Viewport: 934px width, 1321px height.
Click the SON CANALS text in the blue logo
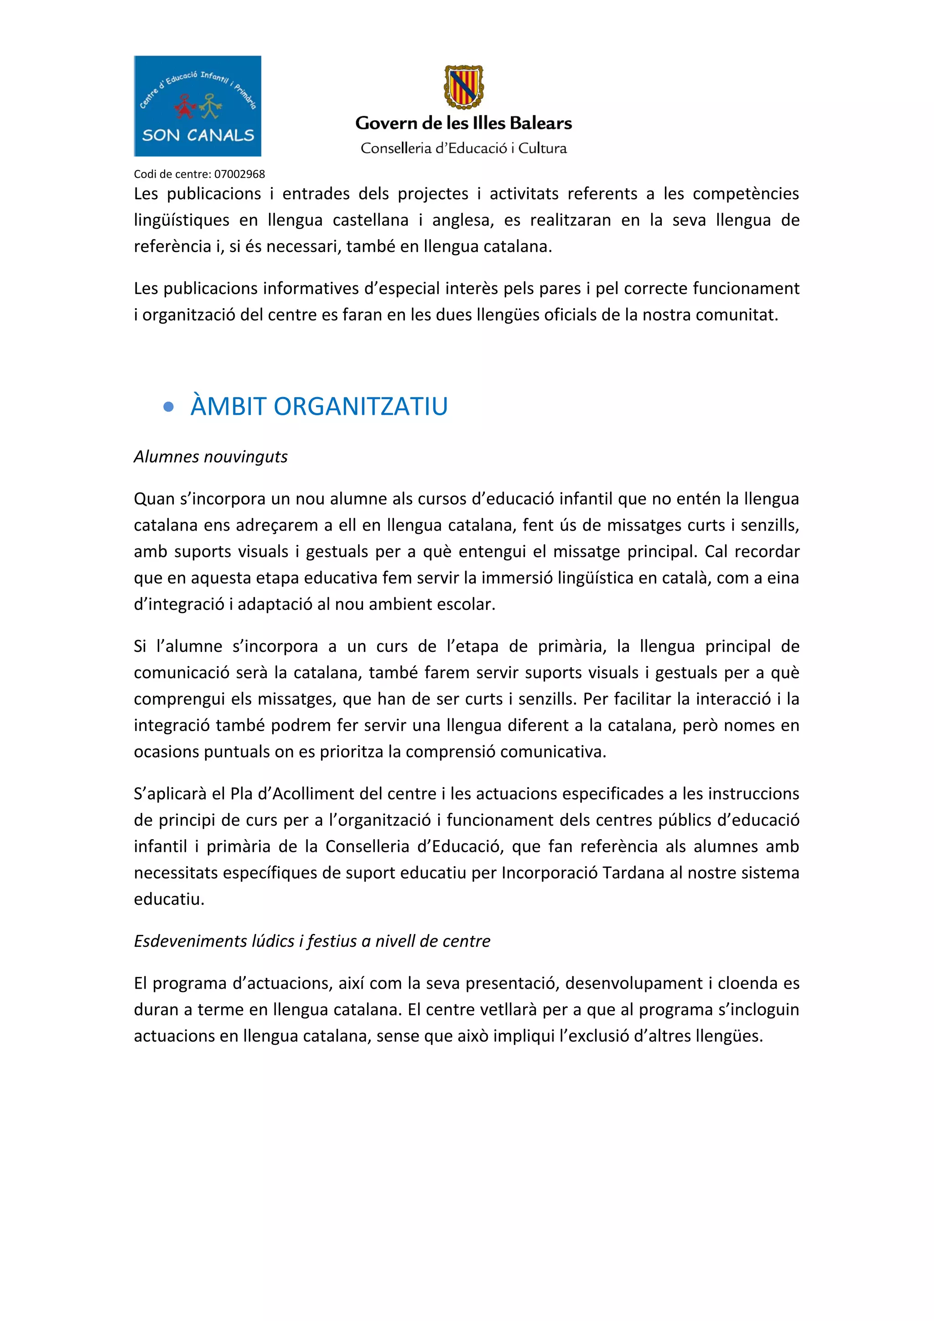tap(198, 136)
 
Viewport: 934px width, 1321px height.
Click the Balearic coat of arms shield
tap(463, 87)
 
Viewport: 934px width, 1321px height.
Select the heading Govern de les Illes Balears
tap(463, 123)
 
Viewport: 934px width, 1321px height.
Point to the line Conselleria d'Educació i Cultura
tap(463, 149)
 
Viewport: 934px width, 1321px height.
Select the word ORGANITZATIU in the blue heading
tap(360, 407)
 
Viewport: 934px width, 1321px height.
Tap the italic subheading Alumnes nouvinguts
tap(211, 457)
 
